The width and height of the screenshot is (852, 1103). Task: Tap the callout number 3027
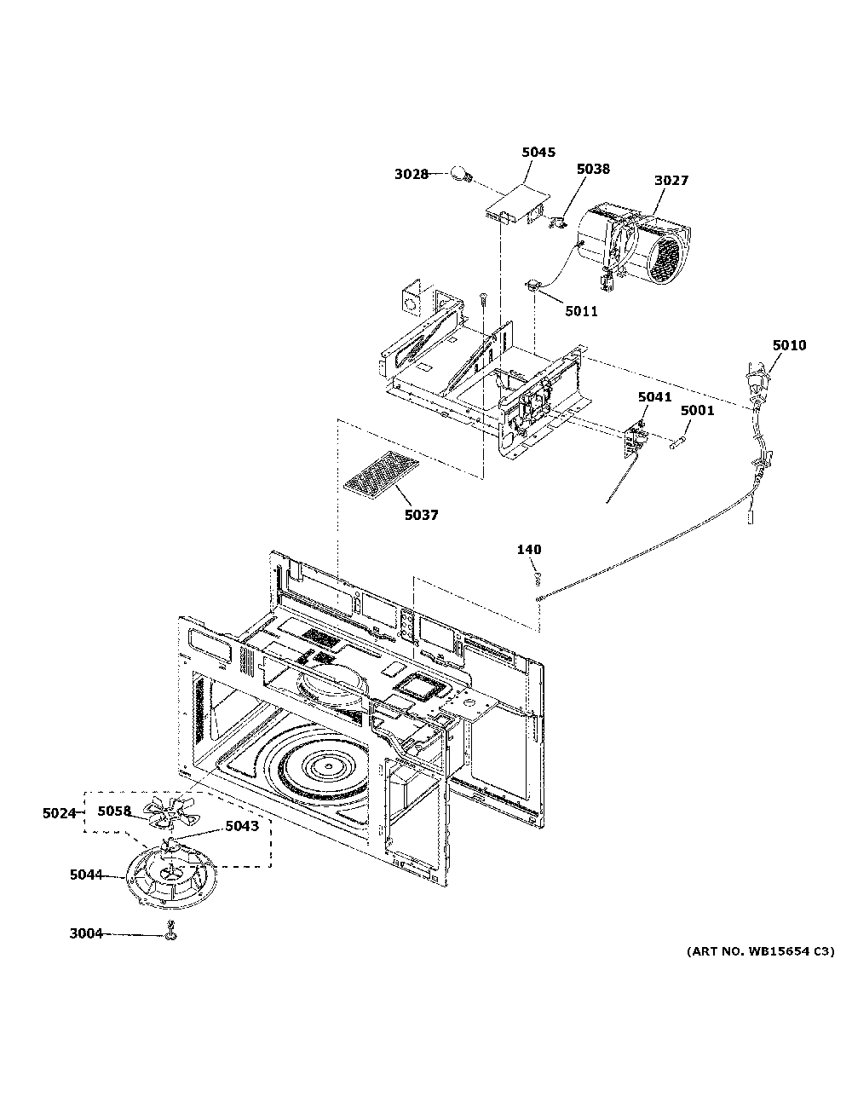coord(671,181)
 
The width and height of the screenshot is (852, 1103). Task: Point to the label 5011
coord(581,312)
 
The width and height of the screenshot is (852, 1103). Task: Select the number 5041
coord(654,397)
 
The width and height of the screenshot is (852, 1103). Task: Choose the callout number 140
coord(528,550)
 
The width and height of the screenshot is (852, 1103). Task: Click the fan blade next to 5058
coord(164,812)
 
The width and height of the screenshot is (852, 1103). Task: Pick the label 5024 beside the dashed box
coord(60,813)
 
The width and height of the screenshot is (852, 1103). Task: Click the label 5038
coord(593,170)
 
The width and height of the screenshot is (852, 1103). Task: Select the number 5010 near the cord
coord(789,346)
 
